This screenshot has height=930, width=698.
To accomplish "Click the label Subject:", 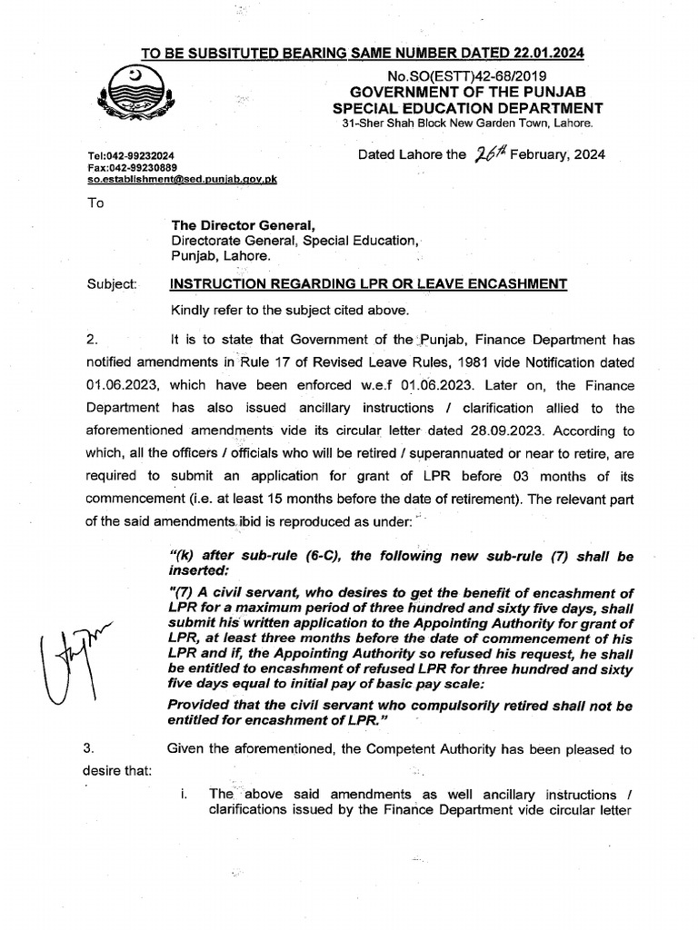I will click(x=111, y=284).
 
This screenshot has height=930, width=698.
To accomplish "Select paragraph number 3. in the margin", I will click(x=89, y=749).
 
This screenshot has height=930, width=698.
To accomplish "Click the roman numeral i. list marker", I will click(x=184, y=793).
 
